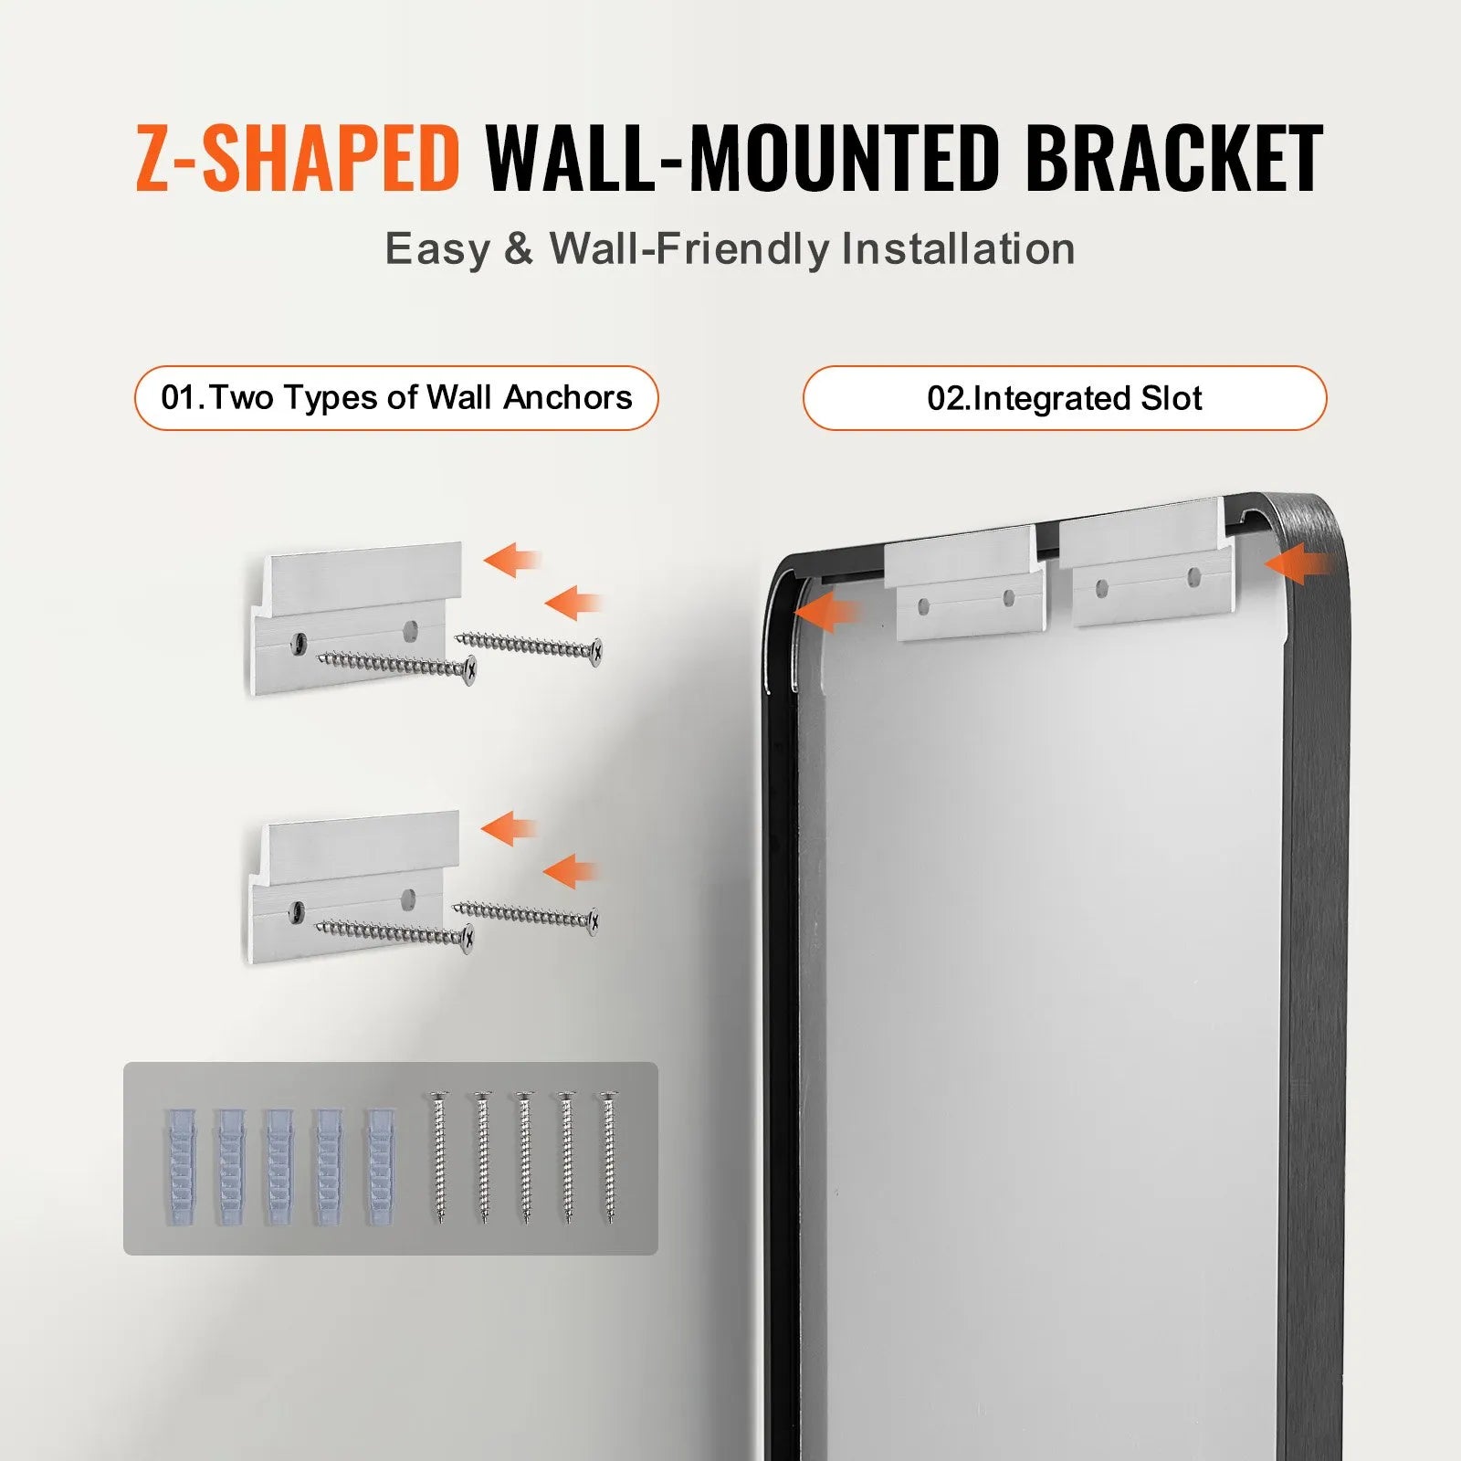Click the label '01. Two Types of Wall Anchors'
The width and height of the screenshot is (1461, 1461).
396,398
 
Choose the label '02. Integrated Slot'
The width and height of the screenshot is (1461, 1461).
1064,398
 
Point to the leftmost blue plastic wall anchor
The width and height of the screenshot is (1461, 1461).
180,1166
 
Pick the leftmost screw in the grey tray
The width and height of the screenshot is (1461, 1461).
440,1157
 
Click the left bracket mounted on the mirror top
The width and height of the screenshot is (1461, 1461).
966,584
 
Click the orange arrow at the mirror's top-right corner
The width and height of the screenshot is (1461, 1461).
1297,566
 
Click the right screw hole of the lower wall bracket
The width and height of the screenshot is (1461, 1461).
409,899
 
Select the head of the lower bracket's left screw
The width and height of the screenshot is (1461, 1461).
468,938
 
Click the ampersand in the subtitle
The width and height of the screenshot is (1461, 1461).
518,249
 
